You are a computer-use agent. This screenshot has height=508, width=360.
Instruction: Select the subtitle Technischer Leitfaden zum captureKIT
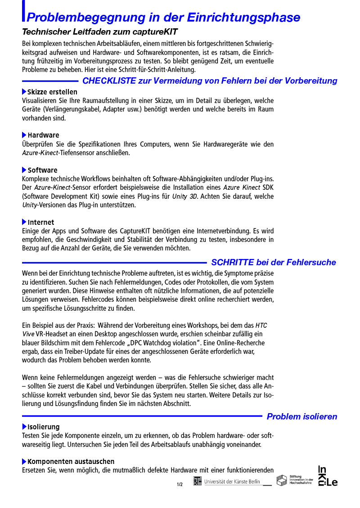point(100,32)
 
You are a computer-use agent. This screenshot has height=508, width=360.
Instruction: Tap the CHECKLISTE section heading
point(210,81)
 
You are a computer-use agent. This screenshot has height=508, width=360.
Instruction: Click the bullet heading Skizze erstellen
point(52,92)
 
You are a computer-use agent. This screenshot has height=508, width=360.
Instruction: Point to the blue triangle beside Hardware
point(24,135)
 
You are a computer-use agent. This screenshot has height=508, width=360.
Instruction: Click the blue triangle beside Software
point(24,170)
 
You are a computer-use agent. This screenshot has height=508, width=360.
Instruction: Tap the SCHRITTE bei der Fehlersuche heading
point(274,263)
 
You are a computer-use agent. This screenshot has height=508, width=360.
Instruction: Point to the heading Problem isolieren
point(302,417)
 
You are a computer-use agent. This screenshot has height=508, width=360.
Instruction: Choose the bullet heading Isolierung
point(43,427)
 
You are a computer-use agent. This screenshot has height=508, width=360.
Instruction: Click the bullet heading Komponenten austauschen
point(71,462)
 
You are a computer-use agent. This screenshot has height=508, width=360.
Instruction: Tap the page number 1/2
point(180,485)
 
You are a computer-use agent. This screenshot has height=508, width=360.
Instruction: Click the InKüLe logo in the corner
point(328,476)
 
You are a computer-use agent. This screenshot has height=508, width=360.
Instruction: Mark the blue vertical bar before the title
point(23,11)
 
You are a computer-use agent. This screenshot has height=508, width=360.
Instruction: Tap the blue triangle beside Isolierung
point(24,427)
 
